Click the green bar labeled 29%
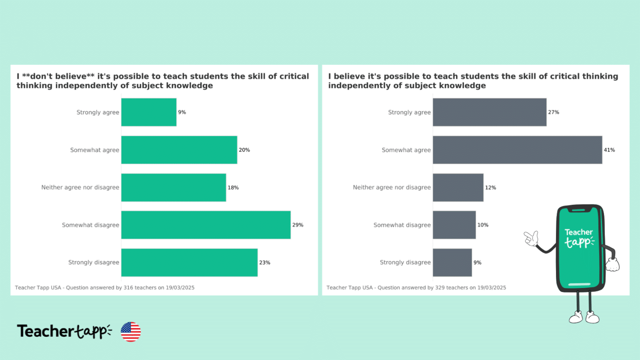pyautogui.click(x=206, y=225)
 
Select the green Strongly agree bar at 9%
pyautogui.click(x=149, y=112)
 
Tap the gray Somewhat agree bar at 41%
pyautogui.click(x=517, y=150)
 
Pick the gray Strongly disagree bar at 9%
pyautogui.click(x=452, y=262)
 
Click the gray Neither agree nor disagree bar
pyautogui.click(x=458, y=188)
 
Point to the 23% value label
pyautogui.click(x=264, y=263)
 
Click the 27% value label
pyautogui.click(x=553, y=112)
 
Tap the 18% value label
pyautogui.click(x=233, y=188)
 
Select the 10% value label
pyautogui.click(x=483, y=225)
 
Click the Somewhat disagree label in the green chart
pyautogui.click(x=91, y=225)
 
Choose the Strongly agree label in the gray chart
pyautogui.click(x=409, y=112)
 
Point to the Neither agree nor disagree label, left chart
pyautogui.click(x=80, y=188)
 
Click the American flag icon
pyautogui.click(x=131, y=332)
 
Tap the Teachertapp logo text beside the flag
pyautogui.click(x=64, y=332)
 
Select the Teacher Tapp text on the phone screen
pyautogui.click(x=579, y=238)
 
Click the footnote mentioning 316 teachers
pyautogui.click(x=105, y=288)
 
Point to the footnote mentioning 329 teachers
pyautogui.click(x=416, y=288)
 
